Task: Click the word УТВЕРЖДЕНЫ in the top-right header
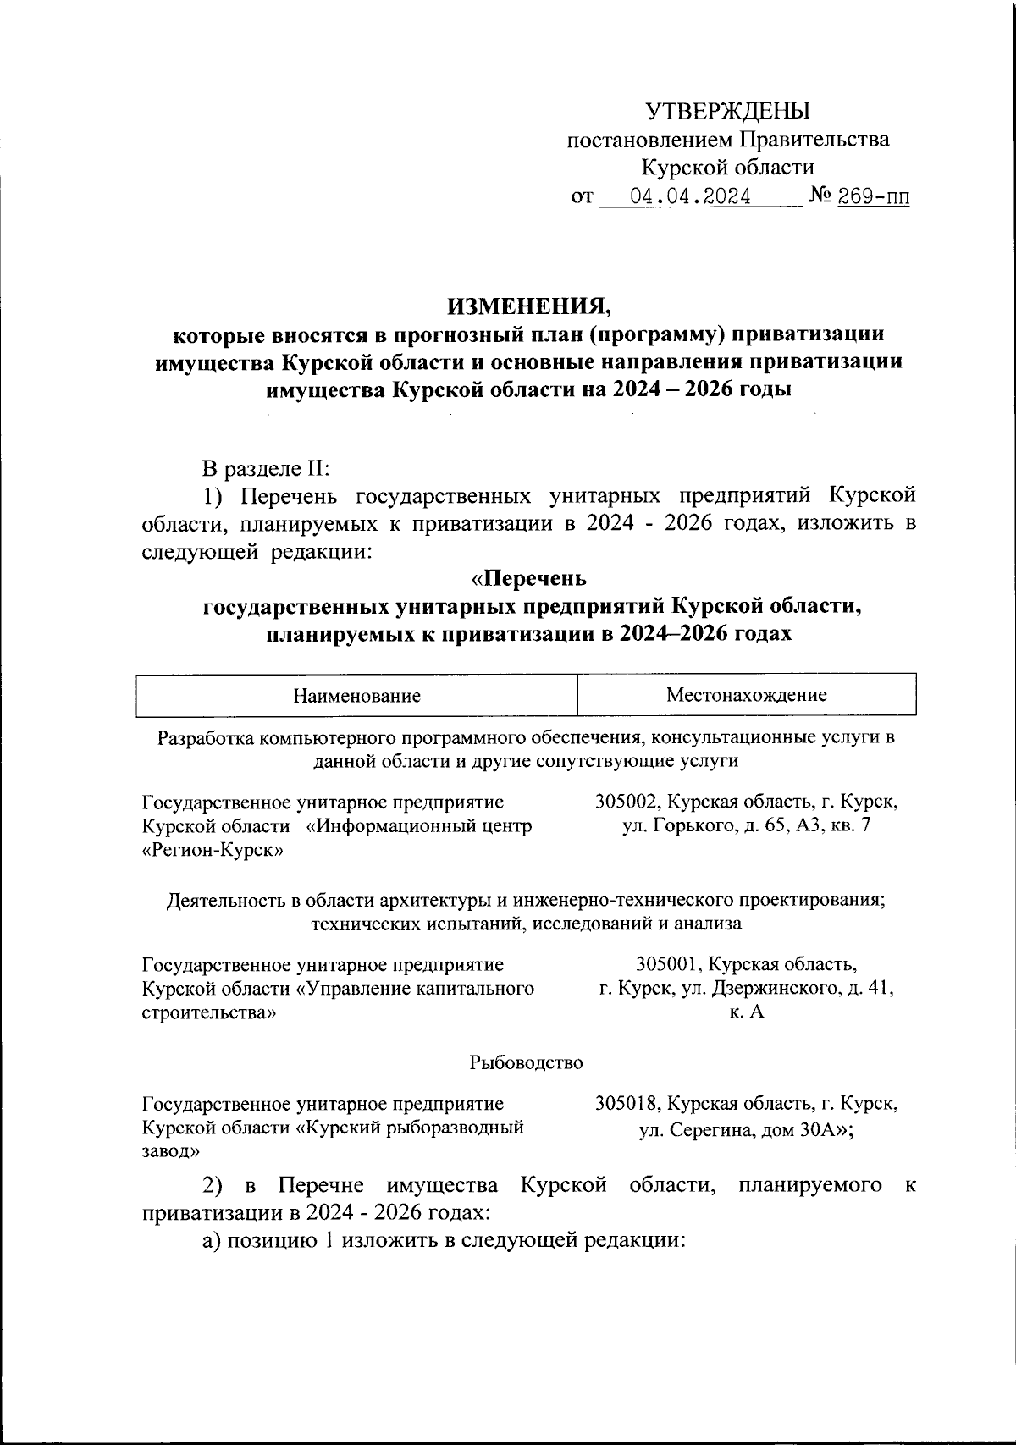click(x=728, y=111)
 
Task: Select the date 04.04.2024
click(x=691, y=198)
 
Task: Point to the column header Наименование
click(x=356, y=697)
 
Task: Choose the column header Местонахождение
click(x=746, y=696)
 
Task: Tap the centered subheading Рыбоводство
click(x=527, y=1062)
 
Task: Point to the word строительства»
click(x=209, y=1012)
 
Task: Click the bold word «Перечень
click(x=528, y=580)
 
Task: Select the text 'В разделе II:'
click(x=267, y=468)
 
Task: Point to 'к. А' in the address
click(x=746, y=1012)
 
